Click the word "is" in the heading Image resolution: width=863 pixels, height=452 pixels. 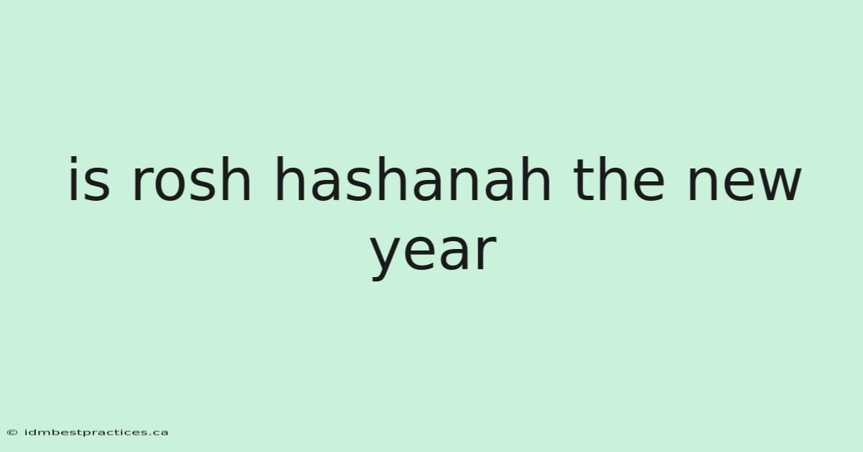(x=89, y=179)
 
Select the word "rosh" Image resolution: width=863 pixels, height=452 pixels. (x=191, y=179)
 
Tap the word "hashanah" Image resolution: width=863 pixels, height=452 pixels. (x=413, y=179)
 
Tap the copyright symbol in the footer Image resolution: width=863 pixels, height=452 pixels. (x=12, y=433)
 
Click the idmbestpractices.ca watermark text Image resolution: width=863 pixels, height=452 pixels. (x=96, y=433)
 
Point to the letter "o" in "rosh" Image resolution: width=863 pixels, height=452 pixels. (x=171, y=184)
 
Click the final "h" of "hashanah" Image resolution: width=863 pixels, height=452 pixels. (x=536, y=178)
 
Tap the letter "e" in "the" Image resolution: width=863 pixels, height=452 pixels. (x=649, y=184)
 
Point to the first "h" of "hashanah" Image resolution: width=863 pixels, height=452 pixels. (x=290, y=178)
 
